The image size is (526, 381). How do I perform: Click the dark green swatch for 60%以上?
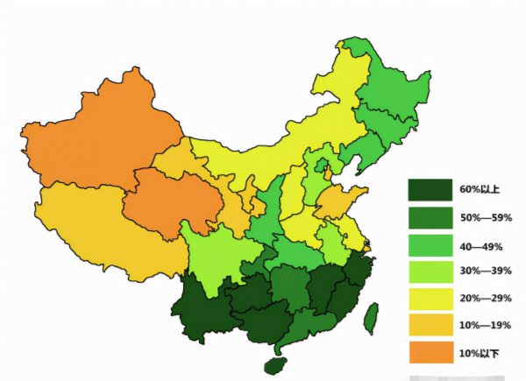pyautogui.click(x=430, y=189)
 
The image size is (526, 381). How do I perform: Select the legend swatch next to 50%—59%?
pyautogui.click(x=430, y=216)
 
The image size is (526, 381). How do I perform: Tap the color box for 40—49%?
pyautogui.click(x=430, y=243)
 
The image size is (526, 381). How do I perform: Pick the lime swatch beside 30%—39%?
pyautogui.click(x=430, y=271)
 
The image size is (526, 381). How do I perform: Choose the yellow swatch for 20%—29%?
pyautogui.click(x=430, y=298)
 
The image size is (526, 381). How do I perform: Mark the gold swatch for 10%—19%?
pyautogui.click(x=430, y=325)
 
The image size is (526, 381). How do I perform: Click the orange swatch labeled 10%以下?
pyautogui.click(x=430, y=352)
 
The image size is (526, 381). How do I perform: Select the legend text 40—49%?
pyautogui.click(x=480, y=244)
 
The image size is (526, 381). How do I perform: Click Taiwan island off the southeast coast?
pyautogui.click(x=371, y=317)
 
